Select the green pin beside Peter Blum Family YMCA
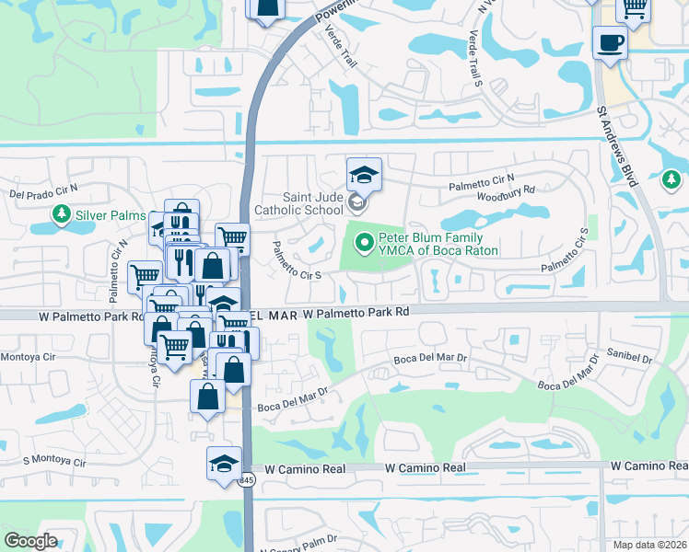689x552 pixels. [364, 244]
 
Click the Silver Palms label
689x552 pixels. [111, 215]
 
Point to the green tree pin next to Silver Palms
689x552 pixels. [62, 215]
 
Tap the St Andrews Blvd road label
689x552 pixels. [616, 147]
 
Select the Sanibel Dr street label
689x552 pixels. [630, 355]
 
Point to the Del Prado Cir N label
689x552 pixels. [44, 191]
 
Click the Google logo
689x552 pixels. [31, 540]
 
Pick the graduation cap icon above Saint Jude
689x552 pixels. [364, 174]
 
